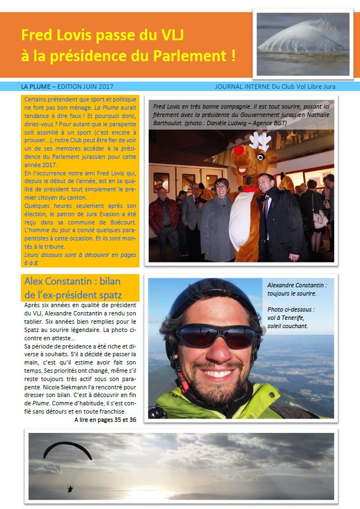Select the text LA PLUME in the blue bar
(x=35, y=87)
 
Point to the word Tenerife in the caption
(x=292, y=318)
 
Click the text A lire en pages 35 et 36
(x=105, y=420)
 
